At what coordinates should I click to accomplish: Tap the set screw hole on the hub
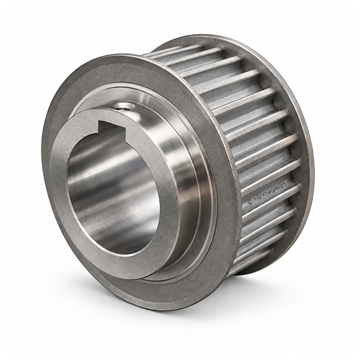124,106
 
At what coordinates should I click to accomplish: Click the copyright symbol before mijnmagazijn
250,202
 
